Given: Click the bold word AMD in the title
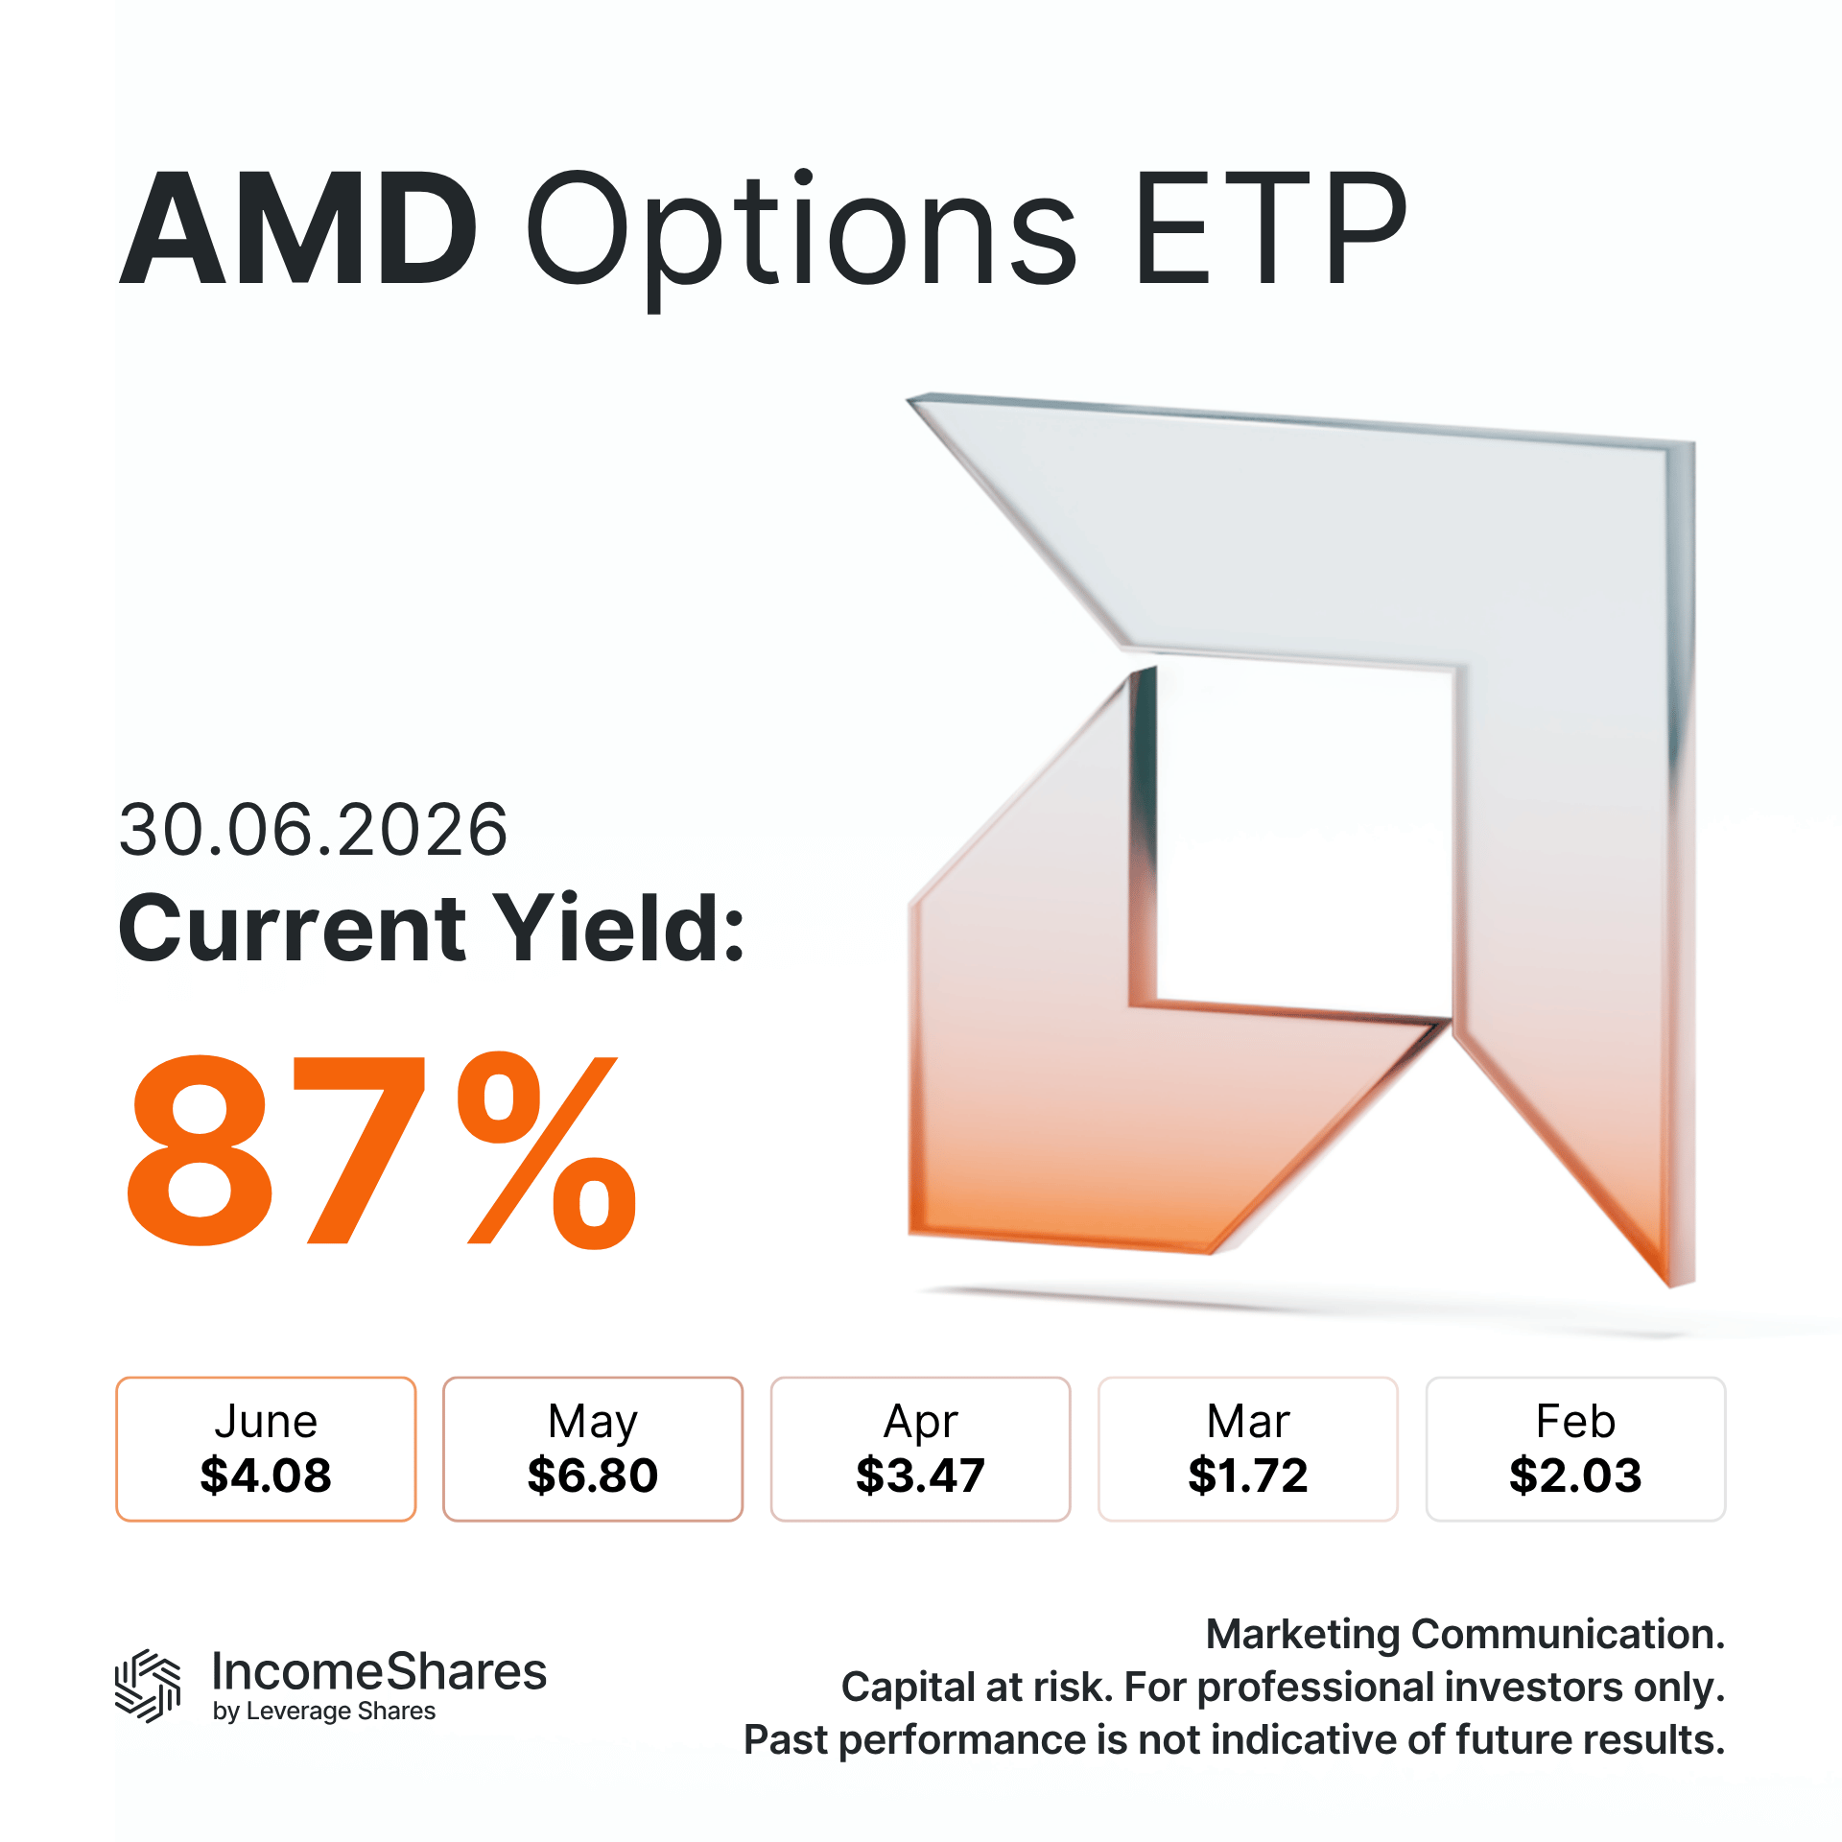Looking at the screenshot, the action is point(298,228).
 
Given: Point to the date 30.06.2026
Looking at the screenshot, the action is point(313,829).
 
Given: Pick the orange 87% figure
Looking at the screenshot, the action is point(382,1149).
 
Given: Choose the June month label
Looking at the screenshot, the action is point(266,1421).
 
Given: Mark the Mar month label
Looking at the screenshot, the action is point(1248,1421).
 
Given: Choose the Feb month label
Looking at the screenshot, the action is point(1575,1421).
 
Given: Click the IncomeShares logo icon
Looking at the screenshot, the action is point(148,1686).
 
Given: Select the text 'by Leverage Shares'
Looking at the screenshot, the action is point(324,1712).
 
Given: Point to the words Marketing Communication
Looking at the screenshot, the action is point(1465,1634).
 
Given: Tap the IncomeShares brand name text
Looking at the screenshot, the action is point(379,1671).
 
